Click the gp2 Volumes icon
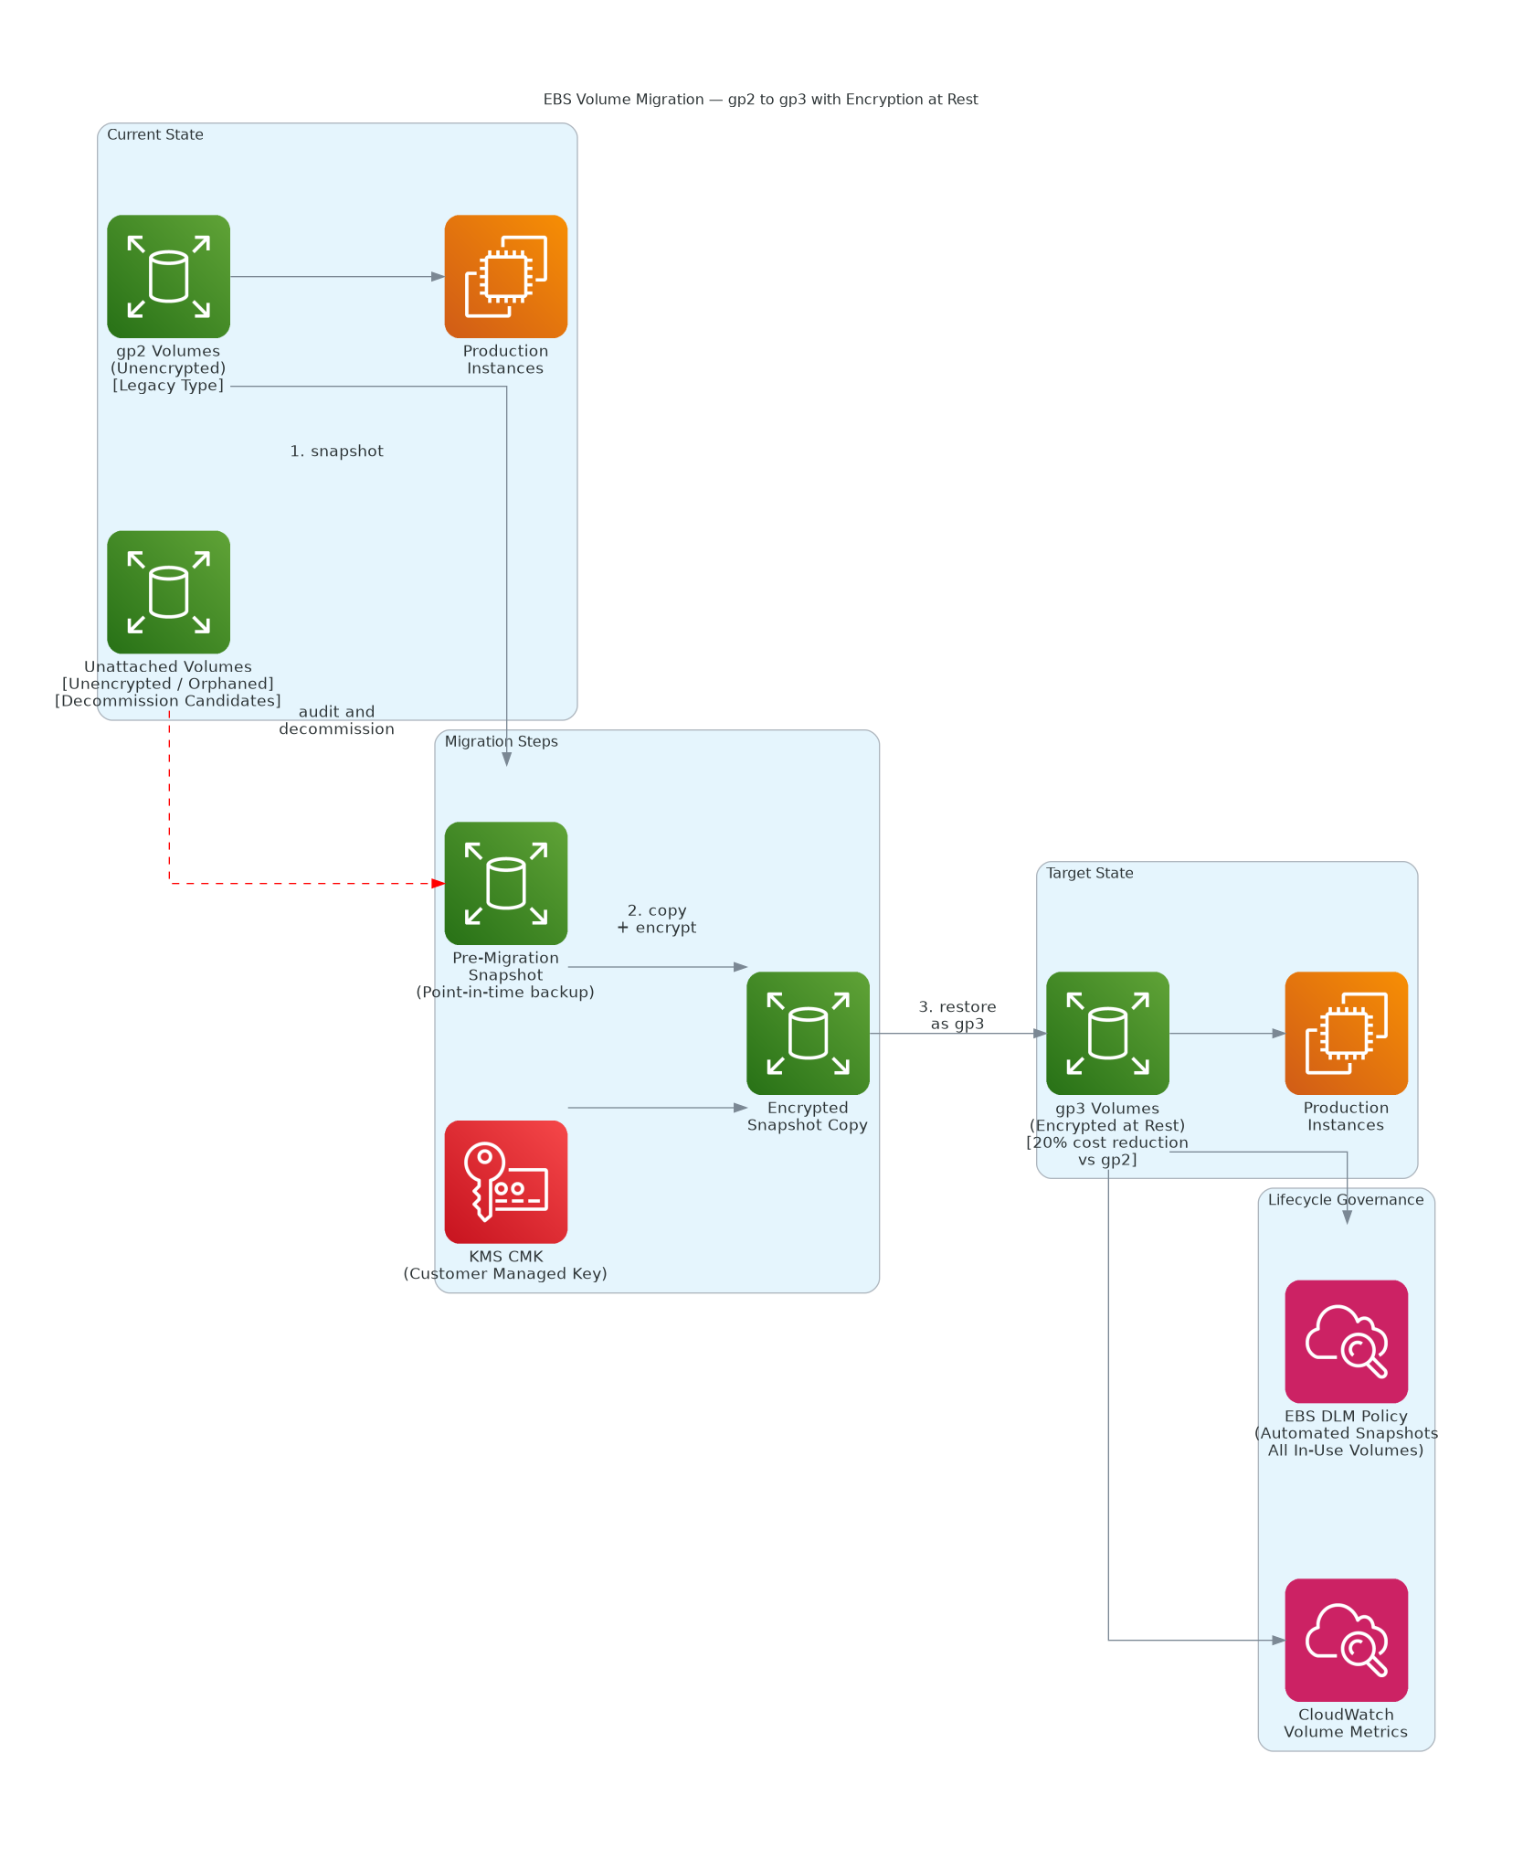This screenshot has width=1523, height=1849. pos(168,276)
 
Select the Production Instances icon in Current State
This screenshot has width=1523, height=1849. pos(505,276)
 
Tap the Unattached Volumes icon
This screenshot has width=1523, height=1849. pos(168,591)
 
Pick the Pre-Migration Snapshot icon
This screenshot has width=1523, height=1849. pos(505,883)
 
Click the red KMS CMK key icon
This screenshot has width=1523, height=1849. pos(505,1182)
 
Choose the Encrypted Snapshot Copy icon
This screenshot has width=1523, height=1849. pos(808,1033)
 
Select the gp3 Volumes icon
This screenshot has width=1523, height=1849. pos(1107,1033)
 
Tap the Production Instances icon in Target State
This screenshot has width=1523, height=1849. pos(1346,1033)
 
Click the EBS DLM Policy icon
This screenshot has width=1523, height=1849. pos(1346,1341)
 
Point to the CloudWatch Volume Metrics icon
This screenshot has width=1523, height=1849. pos(1346,1640)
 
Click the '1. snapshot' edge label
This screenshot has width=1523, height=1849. pos(336,451)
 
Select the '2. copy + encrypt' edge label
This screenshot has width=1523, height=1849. pos(656,919)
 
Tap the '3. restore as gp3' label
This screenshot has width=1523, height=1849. pos(957,1015)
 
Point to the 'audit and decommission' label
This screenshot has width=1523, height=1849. pos(336,719)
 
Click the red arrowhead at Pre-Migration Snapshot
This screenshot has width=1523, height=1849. pos(439,883)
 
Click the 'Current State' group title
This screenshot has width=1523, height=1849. pos(155,134)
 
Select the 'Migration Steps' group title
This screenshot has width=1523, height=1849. pos(501,741)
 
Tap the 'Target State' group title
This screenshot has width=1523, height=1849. pos(1089,873)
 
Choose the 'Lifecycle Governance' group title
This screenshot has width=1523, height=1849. pos(1346,1199)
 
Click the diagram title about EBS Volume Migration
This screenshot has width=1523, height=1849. pos(760,99)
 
